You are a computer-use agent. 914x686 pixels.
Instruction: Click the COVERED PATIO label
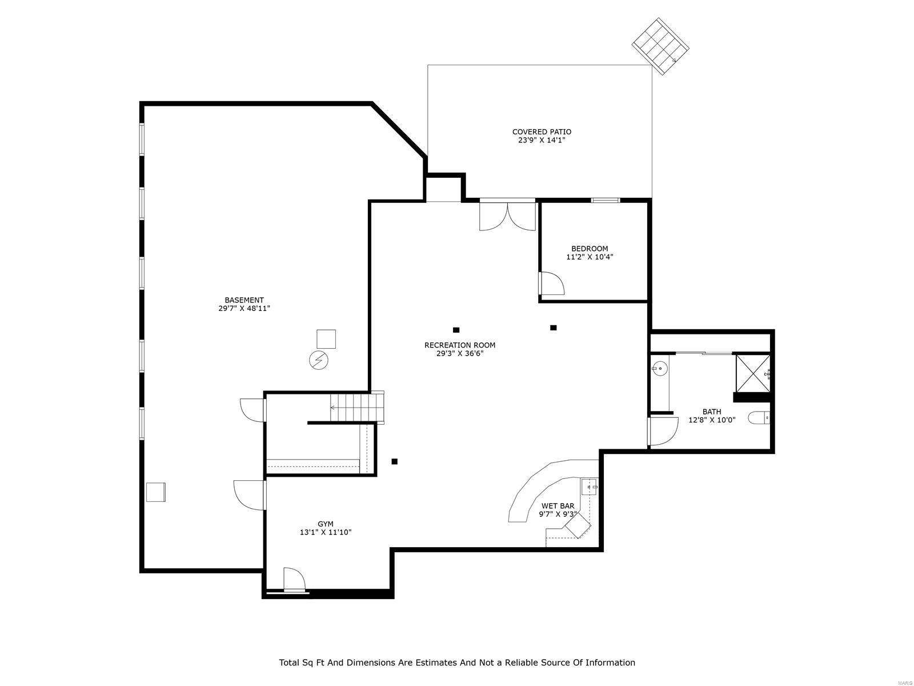542,132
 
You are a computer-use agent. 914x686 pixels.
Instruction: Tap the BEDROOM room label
590,249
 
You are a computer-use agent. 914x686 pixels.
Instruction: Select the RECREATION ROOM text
460,345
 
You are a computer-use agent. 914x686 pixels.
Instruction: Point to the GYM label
326,524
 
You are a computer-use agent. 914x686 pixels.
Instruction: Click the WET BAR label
558,506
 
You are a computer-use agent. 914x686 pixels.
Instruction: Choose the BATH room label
712,412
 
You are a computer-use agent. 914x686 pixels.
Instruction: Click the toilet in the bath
759,418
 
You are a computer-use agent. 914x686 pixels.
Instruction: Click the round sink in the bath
660,369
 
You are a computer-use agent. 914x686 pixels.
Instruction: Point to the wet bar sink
589,487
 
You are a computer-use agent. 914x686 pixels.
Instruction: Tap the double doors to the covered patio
507,216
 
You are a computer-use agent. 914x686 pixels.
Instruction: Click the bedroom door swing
552,284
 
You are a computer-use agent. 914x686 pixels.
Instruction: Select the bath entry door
662,432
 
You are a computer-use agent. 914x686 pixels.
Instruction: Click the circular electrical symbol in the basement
318,360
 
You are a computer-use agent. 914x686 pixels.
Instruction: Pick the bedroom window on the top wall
605,200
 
